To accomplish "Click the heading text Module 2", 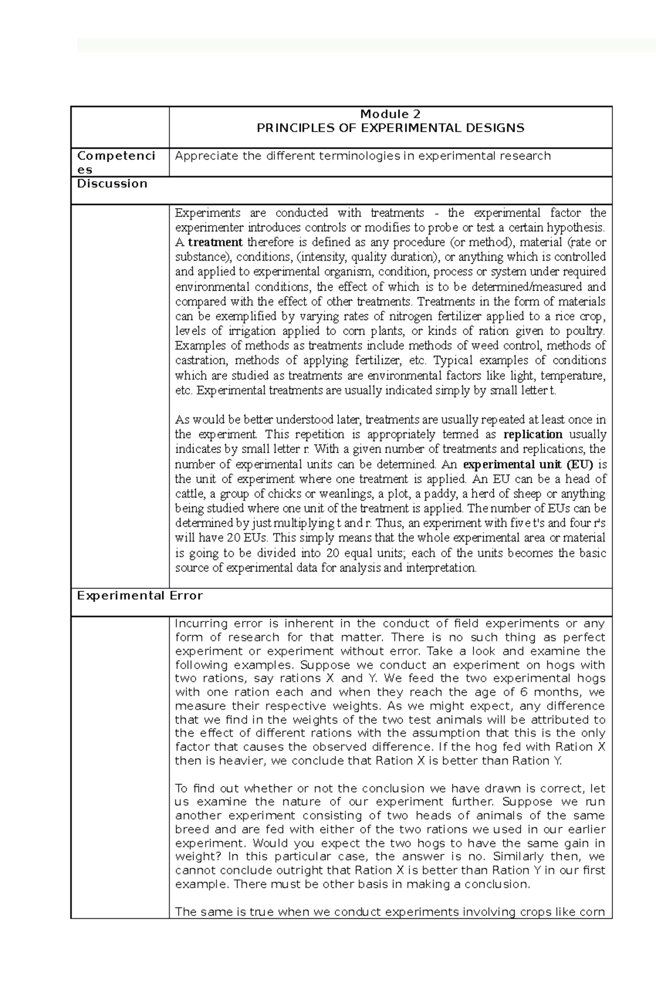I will [x=390, y=114].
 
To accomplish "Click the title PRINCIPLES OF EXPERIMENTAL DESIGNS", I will [x=390, y=128].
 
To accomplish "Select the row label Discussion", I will [x=112, y=184].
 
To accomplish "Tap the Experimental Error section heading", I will [x=140, y=596].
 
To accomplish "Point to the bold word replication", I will [x=532, y=435].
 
